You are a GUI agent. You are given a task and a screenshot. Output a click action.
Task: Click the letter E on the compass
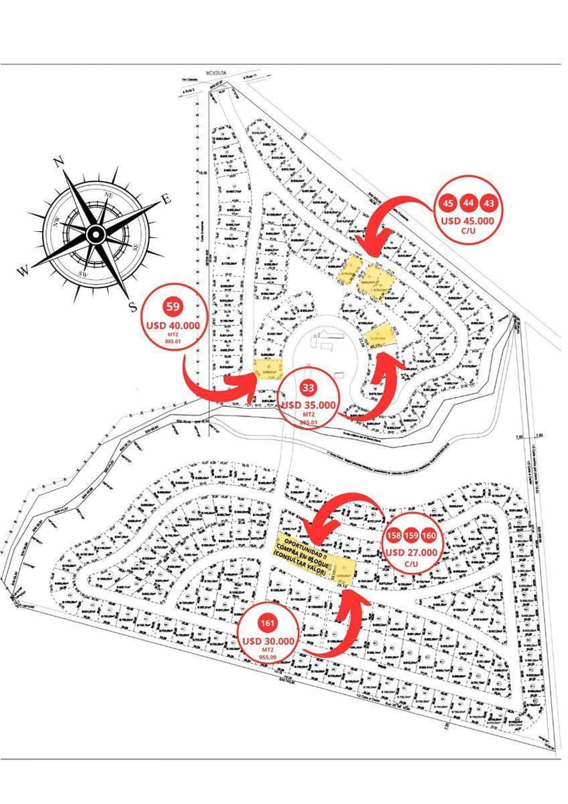point(165,200)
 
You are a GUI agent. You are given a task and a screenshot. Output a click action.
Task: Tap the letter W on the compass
point(24,271)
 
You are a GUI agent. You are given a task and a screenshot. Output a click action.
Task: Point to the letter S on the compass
point(132,306)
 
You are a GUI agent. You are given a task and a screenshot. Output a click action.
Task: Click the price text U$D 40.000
point(172,325)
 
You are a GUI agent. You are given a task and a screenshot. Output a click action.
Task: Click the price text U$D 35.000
point(308,405)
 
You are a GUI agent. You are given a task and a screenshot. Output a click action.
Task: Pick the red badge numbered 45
point(448,203)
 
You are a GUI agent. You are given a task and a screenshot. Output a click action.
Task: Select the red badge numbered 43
point(488,203)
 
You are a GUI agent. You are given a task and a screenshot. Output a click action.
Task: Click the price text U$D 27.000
point(412,552)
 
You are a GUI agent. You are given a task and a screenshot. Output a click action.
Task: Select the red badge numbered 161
point(268,624)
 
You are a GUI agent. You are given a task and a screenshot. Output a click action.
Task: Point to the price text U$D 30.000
point(268,641)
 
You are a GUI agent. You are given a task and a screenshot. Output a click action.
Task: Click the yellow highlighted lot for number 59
point(268,370)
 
